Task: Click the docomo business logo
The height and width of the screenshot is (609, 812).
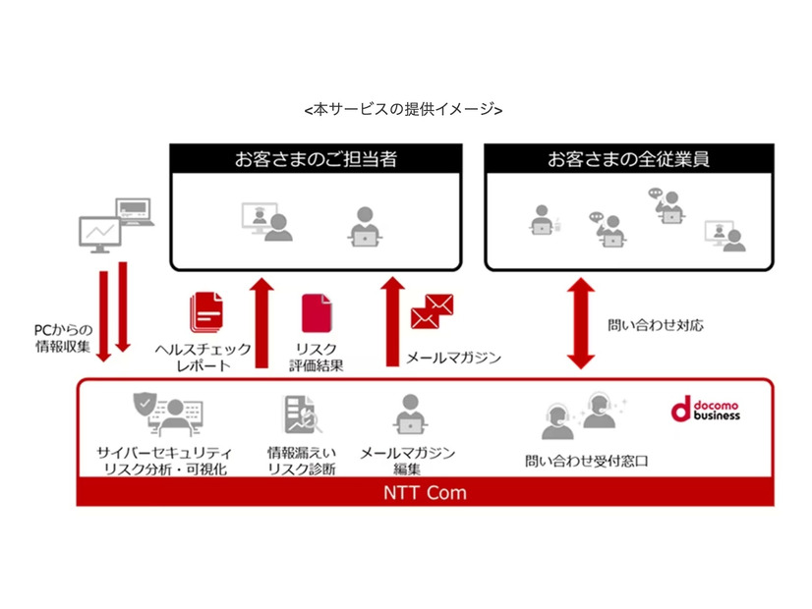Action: tap(705, 409)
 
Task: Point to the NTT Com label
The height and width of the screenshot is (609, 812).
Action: tap(425, 492)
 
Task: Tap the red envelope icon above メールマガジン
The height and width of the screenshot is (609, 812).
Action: tap(431, 312)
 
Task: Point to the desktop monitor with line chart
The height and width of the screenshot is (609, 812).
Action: tap(100, 233)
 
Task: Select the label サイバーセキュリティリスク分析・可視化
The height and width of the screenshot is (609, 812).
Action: tap(163, 461)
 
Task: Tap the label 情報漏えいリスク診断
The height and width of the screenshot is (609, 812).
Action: tap(302, 461)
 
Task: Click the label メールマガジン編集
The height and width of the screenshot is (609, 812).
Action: tap(406, 461)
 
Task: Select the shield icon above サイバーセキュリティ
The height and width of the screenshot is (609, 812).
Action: tap(145, 405)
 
